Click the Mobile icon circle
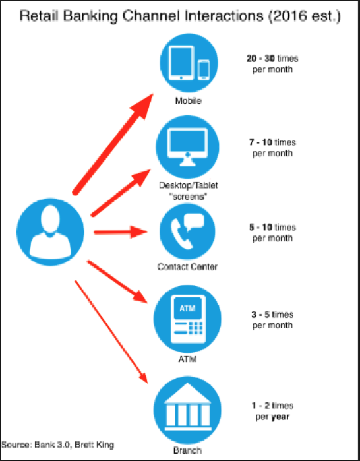pos(189,63)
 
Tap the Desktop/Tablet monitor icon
pos(187,147)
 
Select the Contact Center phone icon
pos(187,231)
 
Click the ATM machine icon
pos(187,319)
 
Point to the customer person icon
pos(50,232)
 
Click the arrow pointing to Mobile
pos(113,144)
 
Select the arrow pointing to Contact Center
pos(121,232)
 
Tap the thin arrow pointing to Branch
pos(111,332)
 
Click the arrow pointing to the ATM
pos(117,282)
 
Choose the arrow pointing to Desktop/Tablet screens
pos(121,193)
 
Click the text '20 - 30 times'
pos(272,59)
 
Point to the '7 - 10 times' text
pos(272,142)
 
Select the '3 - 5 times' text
pos(272,315)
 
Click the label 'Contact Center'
pos(187,267)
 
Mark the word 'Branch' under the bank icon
pos(187,450)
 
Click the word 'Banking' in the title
pos(90,16)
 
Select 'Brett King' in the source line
pos(94,445)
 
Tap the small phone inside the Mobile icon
pos(204,70)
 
